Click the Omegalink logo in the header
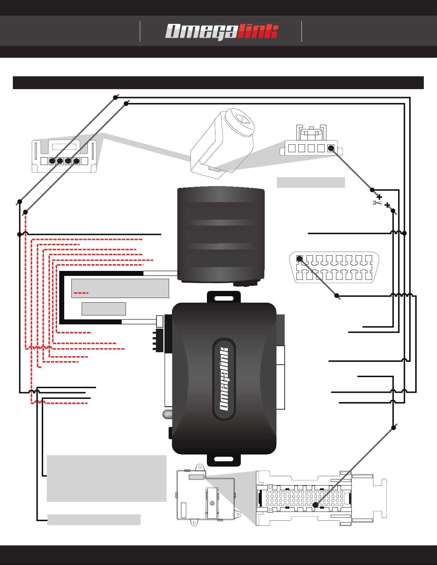222,31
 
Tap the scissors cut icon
377,202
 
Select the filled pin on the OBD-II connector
299,258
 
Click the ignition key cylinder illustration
223,144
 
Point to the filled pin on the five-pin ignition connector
331,148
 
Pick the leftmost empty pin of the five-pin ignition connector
292,148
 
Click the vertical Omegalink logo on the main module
224,379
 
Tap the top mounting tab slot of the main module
224,298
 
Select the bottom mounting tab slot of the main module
224,459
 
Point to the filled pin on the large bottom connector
315,505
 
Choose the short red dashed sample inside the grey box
81,293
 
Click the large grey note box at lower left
106,478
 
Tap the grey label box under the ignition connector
311,182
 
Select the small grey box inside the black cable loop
104,309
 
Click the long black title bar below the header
218,83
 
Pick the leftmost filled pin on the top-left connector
52,161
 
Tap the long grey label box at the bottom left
94,519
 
